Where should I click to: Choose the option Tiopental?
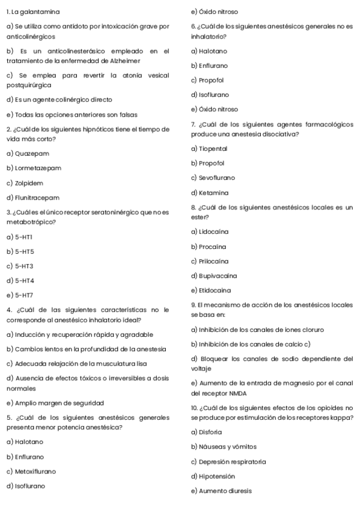(212, 148)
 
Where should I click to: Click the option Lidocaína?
(212, 232)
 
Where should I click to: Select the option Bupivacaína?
(216, 276)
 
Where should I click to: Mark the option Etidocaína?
(214, 291)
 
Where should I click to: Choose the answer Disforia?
(210, 432)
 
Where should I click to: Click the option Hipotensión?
(215, 476)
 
